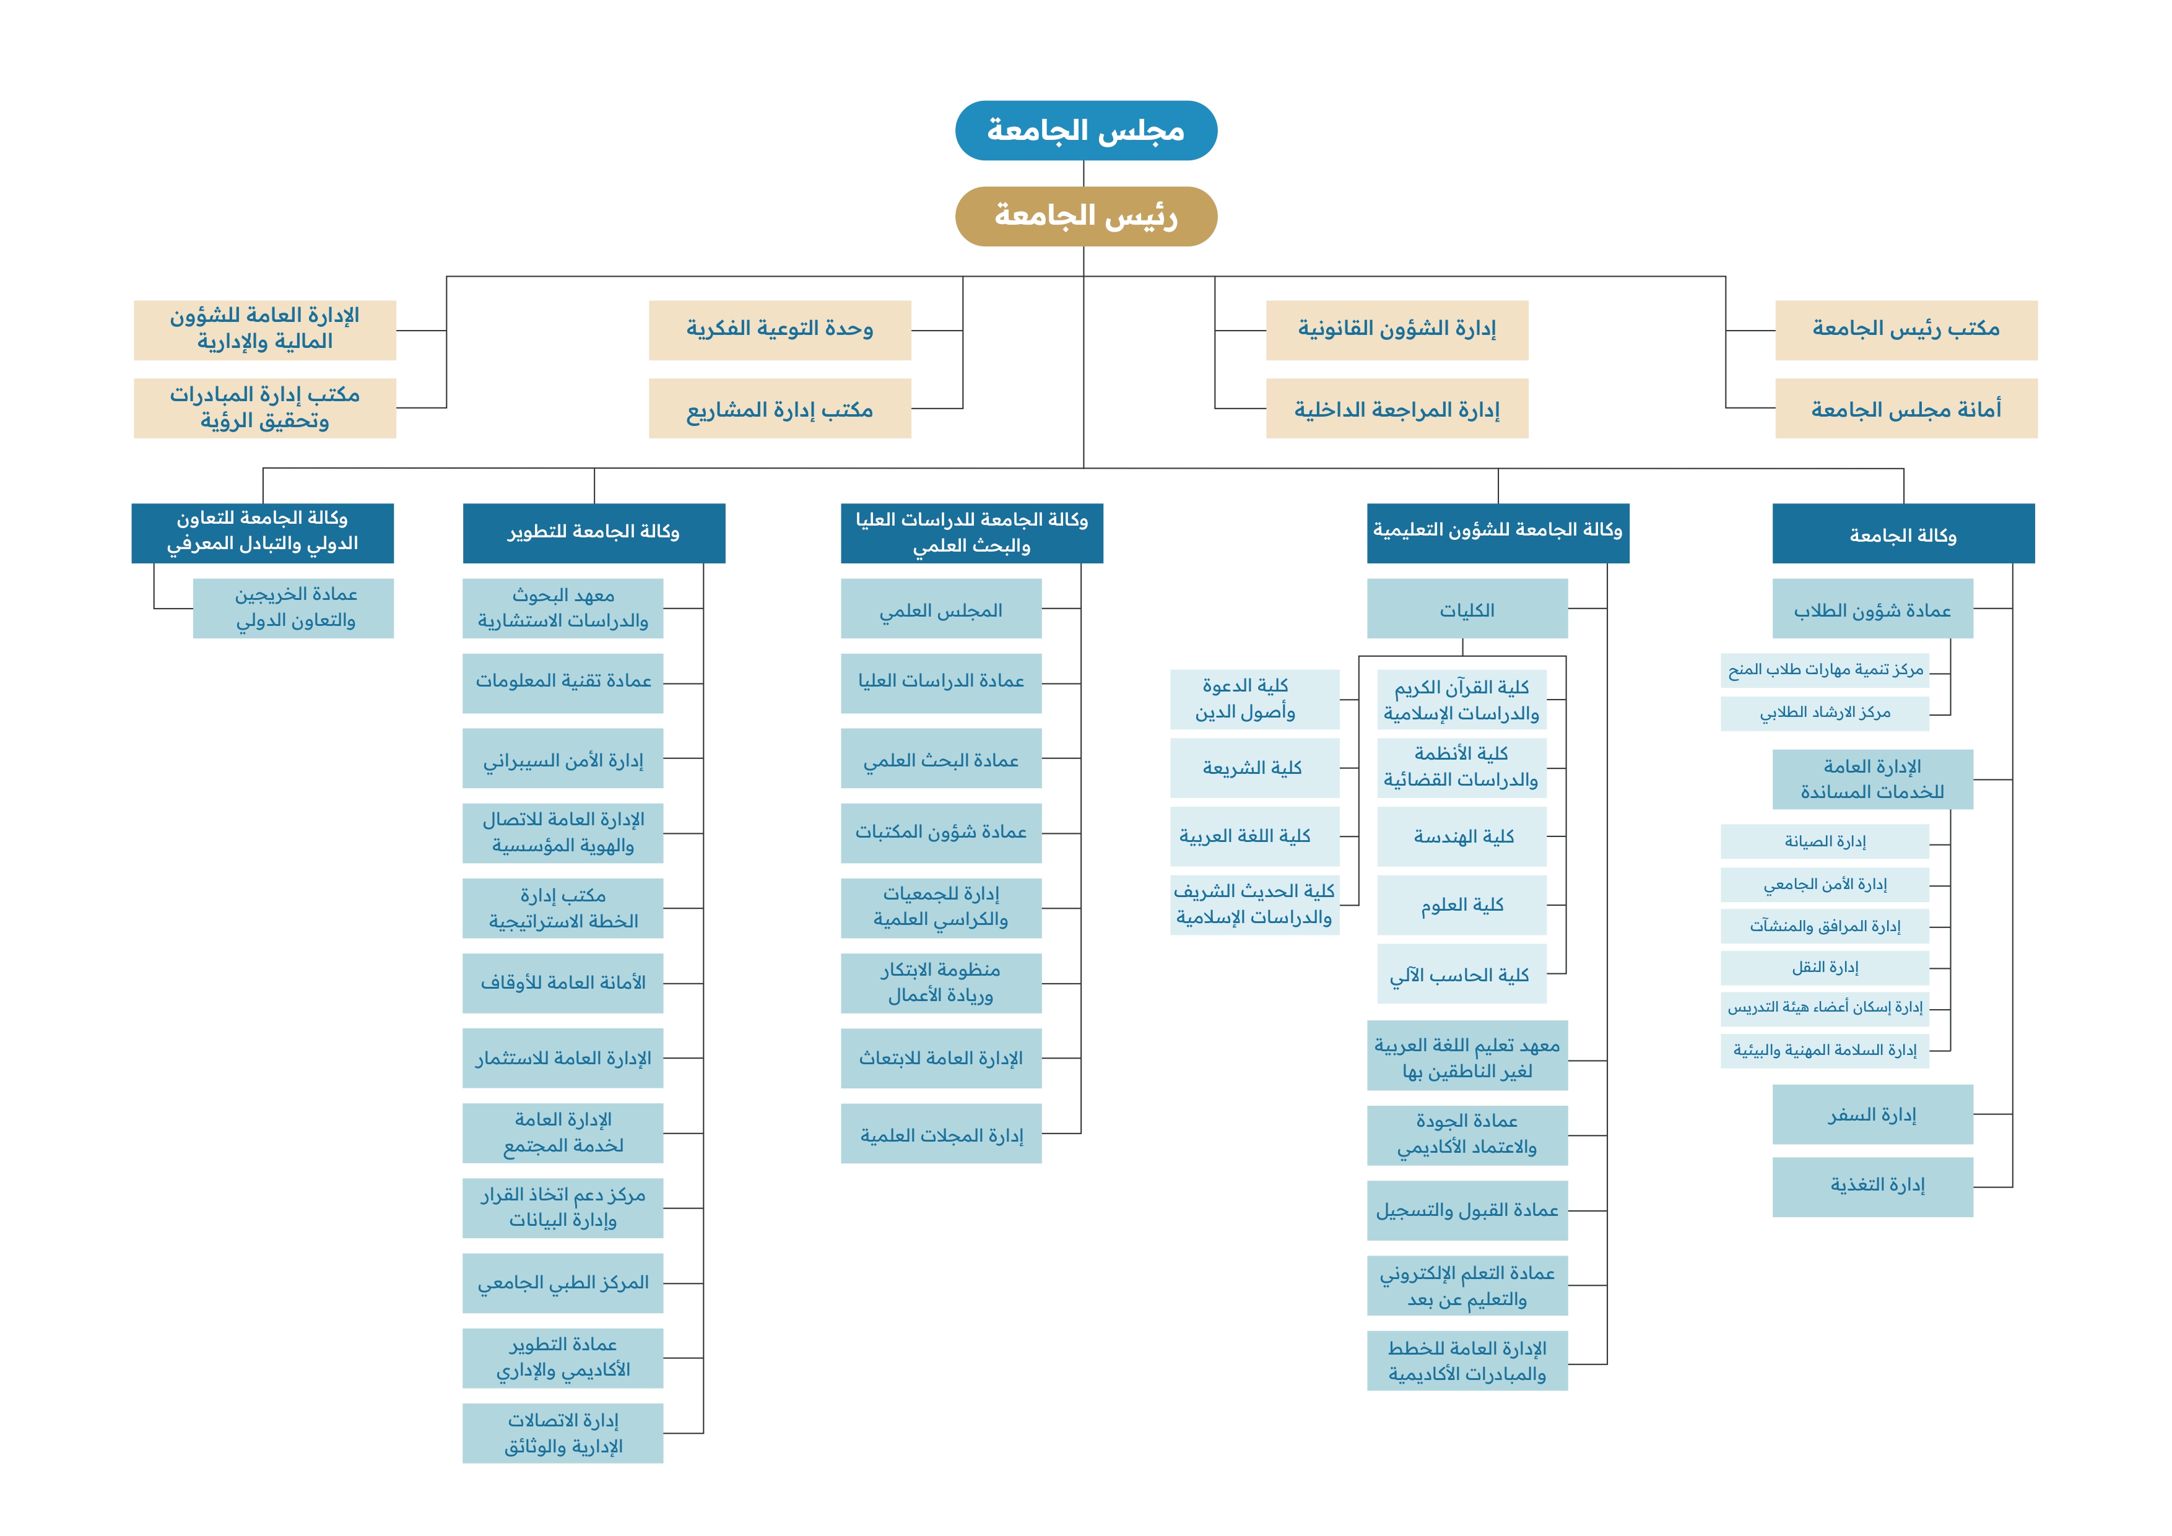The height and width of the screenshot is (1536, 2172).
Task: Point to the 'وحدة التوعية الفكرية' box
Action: point(780,330)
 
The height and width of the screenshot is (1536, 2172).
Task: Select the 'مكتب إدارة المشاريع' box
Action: point(780,409)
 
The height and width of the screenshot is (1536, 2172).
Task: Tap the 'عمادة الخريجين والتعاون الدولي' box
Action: point(293,608)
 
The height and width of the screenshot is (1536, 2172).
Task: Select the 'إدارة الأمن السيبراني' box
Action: point(563,758)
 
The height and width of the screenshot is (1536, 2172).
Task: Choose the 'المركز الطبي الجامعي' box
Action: point(563,1283)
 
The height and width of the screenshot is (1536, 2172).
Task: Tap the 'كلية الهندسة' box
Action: point(1462,836)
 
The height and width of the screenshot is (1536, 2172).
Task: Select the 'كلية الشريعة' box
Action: point(1254,768)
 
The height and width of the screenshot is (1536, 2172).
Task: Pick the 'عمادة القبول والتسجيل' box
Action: point(1467,1210)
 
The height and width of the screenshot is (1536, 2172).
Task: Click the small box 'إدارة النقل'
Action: point(1825,968)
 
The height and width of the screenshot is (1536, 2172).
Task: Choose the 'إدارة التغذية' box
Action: point(1873,1186)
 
